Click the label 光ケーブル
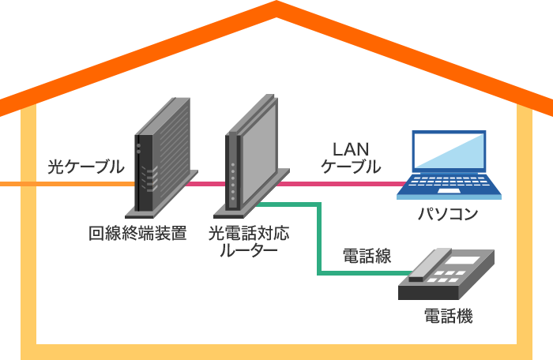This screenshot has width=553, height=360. pyautogui.click(x=85, y=167)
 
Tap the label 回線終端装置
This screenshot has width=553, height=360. pyautogui.click(x=137, y=233)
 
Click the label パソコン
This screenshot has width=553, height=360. pyautogui.click(x=448, y=215)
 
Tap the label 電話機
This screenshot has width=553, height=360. pyautogui.click(x=448, y=317)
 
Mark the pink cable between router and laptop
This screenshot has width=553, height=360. pyautogui.click(x=340, y=184)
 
